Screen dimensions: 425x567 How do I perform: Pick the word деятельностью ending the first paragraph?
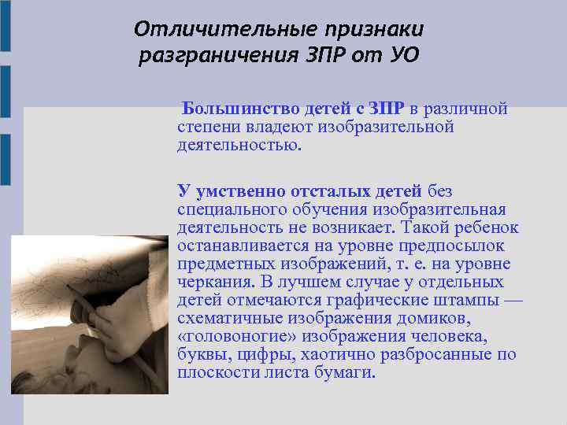pos(239,146)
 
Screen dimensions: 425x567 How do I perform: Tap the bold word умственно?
pos(235,191)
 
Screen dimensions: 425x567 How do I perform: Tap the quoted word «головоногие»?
pos(233,337)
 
